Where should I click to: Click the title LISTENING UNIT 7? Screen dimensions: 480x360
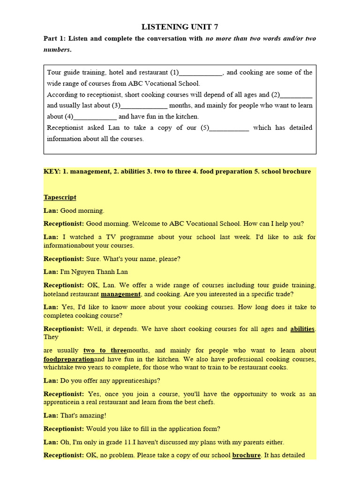[180, 27]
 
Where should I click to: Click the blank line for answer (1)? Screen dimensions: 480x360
[201, 73]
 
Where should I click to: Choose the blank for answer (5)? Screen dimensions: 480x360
[229, 128]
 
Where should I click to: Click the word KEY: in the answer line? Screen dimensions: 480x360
[52, 172]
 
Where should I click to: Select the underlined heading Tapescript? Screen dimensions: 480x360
[60, 197]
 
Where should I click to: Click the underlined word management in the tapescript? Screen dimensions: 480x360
[120, 294]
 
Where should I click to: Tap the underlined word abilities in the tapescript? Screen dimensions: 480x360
[302, 329]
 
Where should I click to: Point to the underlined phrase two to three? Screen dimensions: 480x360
[105, 350]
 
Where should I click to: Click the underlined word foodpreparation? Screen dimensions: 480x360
[69, 359]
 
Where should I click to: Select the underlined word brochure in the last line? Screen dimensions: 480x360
[247, 455]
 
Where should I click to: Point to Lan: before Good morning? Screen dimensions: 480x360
[51, 211]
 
